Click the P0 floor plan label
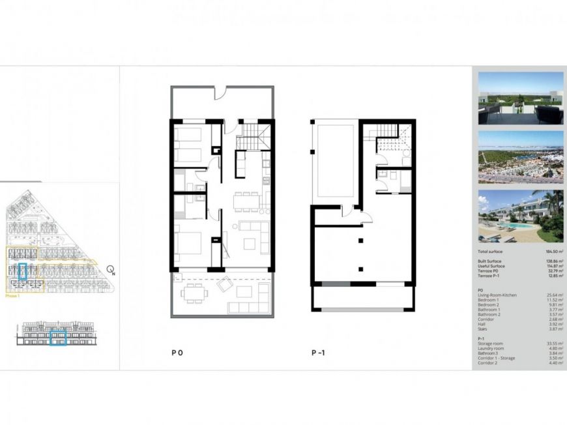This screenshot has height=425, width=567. (x=177, y=353)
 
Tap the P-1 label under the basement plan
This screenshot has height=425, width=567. (x=318, y=353)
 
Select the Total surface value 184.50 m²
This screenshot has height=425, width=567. (x=553, y=251)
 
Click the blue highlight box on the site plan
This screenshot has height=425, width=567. (x=23, y=271)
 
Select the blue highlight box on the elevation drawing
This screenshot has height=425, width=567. (x=59, y=337)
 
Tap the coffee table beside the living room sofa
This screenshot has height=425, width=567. (x=250, y=244)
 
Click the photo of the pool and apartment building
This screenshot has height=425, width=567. (x=520, y=214)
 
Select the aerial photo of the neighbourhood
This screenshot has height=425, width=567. (x=520, y=156)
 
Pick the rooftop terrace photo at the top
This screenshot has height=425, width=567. (x=520, y=98)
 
